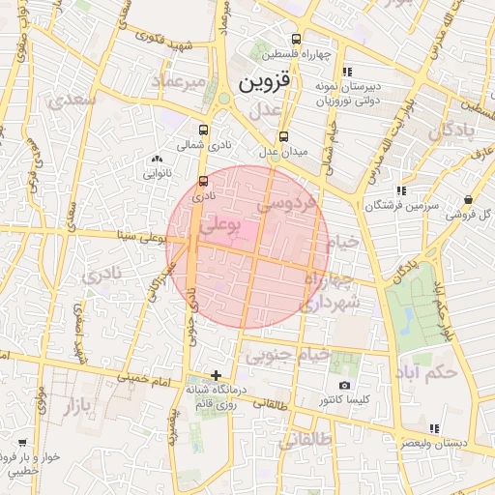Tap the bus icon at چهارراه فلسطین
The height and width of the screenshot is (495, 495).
coord(296,41)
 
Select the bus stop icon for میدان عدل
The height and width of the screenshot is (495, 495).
coord(283,136)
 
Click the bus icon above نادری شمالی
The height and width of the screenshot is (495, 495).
coord(203,131)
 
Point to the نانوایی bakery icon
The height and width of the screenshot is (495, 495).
coord(157,159)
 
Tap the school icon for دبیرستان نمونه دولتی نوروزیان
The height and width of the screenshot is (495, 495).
coord(347,71)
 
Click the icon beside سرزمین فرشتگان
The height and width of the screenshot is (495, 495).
coord(401,191)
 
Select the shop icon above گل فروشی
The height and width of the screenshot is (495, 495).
coord(469,199)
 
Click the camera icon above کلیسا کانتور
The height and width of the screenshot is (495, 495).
coord(345,386)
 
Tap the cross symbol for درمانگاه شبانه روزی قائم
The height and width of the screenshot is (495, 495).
coord(216,375)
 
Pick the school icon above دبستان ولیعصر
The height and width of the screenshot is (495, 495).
coord(434,428)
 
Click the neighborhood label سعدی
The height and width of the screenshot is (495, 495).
coord(77,99)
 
